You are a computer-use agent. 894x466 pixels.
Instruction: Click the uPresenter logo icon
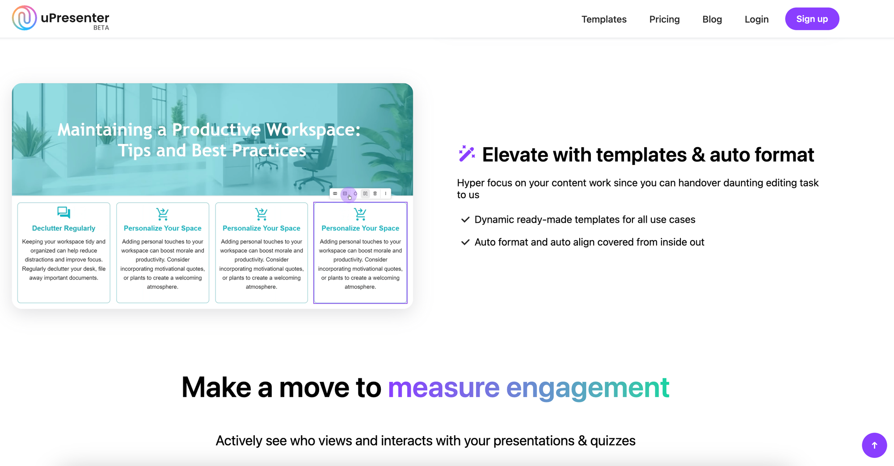24,18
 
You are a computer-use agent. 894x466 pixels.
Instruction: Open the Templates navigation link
604,19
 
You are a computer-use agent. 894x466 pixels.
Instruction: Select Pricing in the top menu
664,19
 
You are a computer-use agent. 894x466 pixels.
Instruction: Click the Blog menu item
712,19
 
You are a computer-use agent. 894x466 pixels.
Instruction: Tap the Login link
756,19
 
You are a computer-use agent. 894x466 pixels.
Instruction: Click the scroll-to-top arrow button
874,445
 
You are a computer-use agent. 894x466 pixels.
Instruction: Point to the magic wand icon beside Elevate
467,153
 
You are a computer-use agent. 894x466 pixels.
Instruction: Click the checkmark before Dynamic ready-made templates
465,220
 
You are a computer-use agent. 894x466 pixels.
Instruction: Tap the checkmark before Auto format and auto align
465,242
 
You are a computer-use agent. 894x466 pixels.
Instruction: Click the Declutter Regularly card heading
63,228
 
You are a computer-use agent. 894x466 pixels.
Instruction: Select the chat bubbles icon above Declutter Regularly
63,212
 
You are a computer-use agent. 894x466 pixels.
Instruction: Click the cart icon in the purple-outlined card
360,214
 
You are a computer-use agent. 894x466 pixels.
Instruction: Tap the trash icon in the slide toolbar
375,194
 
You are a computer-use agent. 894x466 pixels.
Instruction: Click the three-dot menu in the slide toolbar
385,194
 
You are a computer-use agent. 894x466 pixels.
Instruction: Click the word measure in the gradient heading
443,387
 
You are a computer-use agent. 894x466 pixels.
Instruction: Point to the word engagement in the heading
587,388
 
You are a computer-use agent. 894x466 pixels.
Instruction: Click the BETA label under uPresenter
101,28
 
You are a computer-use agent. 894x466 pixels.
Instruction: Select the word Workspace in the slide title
313,130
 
